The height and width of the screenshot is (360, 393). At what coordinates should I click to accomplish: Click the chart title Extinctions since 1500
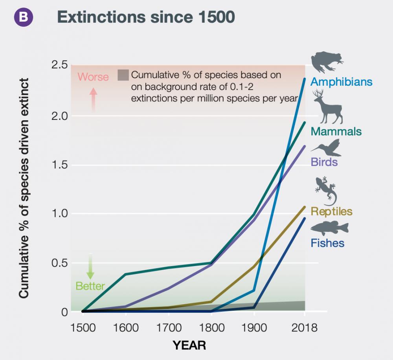pyautogui.click(x=146, y=17)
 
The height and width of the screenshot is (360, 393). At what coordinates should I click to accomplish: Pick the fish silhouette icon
pyautogui.click(x=329, y=228)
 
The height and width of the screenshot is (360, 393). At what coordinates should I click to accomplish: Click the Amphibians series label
pyautogui.click(x=341, y=82)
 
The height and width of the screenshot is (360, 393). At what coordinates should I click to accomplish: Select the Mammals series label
pyautogui.click(x=336, y=131)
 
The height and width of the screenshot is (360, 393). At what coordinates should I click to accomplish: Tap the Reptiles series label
pyautogui.click(x=331, y=211)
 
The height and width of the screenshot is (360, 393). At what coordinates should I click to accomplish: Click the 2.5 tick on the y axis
pyautogui.click(x=60, y=65)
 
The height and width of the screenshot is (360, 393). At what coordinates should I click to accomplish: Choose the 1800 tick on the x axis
pyautogui.click(x=211, y=327)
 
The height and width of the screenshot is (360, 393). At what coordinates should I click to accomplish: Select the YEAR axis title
pyautogui.click(x=189, y=345)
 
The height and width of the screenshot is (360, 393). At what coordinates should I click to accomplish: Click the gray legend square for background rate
pyautogui.click(x=123, y=75)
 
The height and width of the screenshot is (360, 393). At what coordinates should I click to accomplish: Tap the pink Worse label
pyautogui.click(x=93, y=77)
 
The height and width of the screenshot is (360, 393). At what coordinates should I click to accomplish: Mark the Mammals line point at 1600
pyautogui.click(x=125, y=274)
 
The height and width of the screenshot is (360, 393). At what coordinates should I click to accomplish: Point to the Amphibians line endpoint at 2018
pyautogui.click(x=304, y=79)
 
